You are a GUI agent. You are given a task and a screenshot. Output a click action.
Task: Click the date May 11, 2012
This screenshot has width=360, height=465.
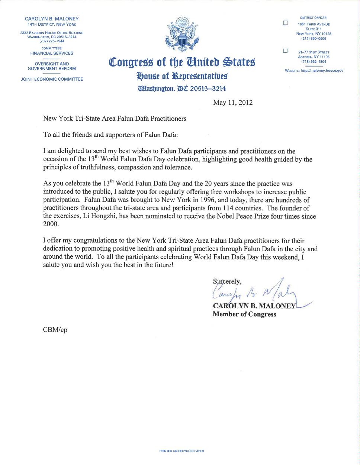coord(233,103)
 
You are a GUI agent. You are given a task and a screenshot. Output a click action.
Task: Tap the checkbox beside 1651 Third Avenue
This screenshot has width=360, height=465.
coord(286,23)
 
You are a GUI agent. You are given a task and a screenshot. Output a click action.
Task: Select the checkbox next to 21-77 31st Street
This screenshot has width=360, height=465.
coord(286,51)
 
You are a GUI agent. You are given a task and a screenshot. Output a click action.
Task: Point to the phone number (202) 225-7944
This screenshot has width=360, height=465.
coord(52,41)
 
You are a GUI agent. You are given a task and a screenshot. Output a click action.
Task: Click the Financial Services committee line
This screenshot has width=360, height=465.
coord(52,53)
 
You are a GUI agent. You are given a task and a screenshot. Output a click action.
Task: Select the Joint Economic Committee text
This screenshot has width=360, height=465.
coord(52,79)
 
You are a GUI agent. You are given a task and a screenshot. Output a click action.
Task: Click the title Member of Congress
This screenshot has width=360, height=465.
coord(244,314)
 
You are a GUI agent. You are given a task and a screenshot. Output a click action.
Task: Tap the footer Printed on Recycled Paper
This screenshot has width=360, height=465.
coord(181,451)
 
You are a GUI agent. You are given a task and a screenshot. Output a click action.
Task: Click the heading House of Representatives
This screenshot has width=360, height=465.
coord(182,76)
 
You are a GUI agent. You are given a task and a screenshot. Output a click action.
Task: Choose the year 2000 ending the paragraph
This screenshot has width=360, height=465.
coord(50,224)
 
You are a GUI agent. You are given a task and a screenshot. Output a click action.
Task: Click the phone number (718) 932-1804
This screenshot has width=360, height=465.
coord(314,62)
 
